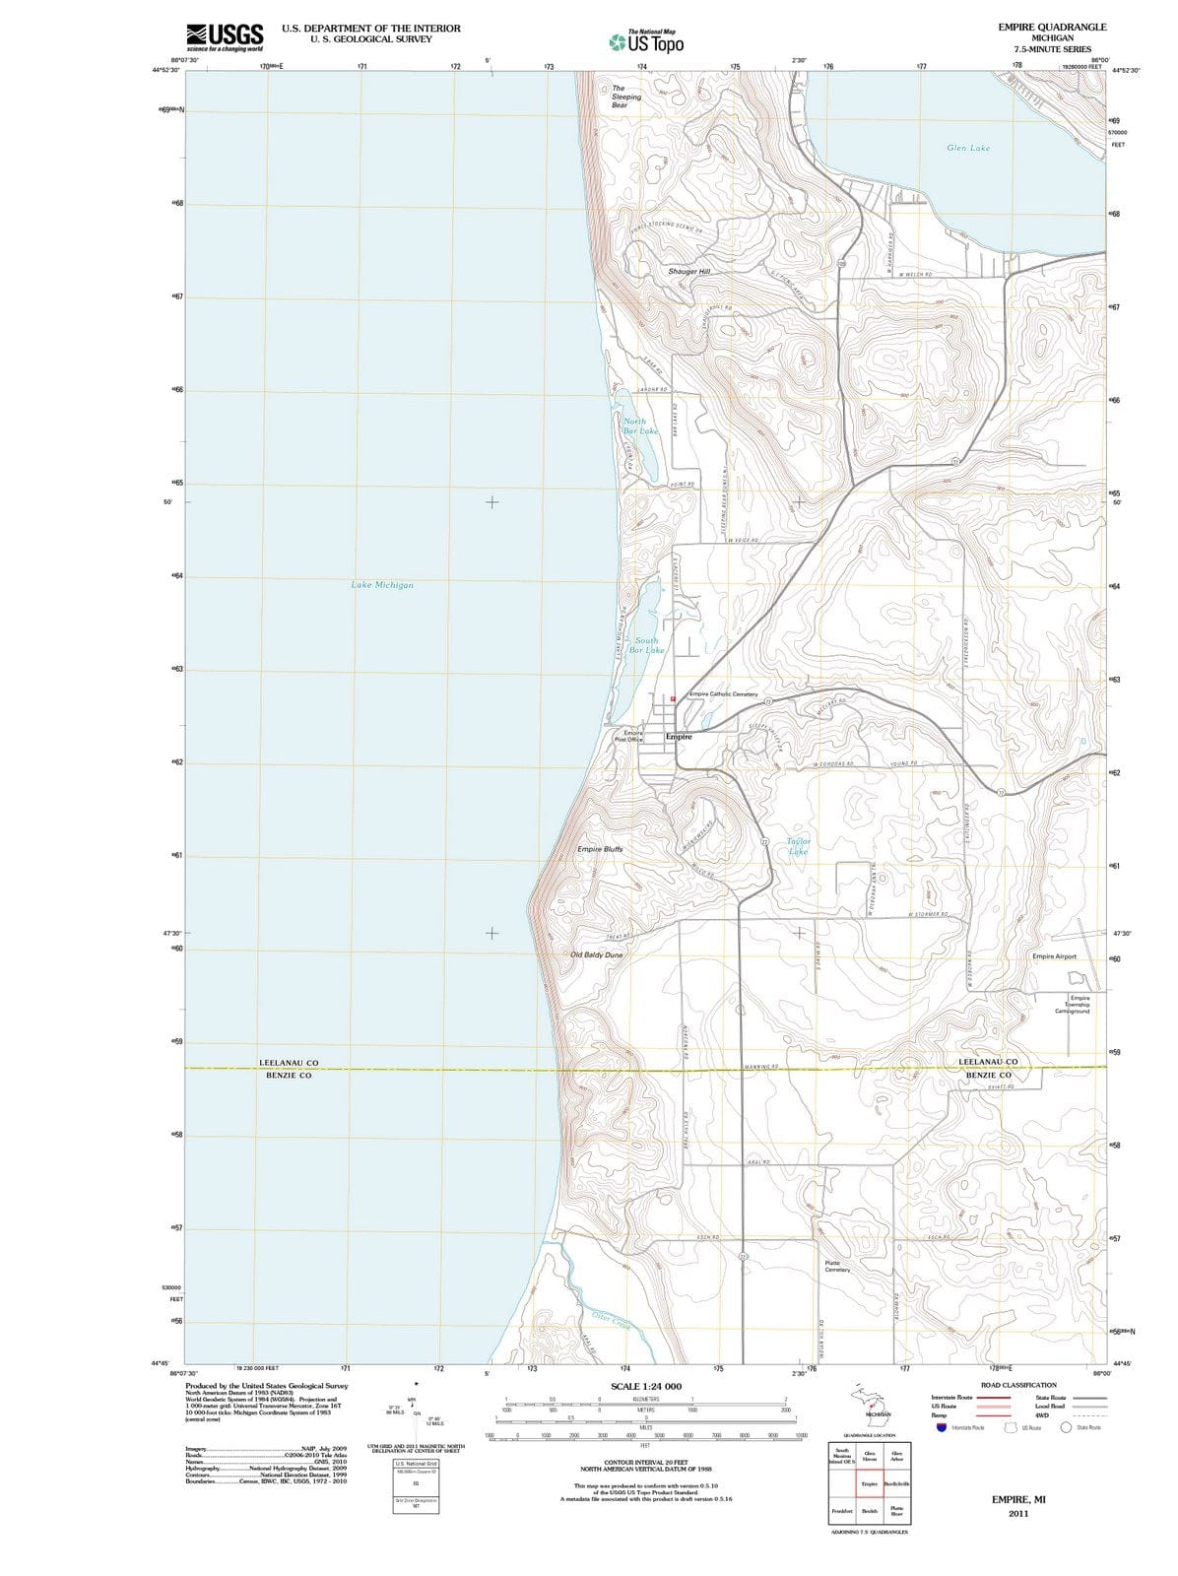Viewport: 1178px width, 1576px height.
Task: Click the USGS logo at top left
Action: [x=225, y=36]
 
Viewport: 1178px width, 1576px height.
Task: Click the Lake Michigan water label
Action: [x=382, y=585]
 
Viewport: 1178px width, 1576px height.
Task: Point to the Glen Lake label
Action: [x=967, y=148]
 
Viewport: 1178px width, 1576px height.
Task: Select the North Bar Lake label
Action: [x=640, y=426]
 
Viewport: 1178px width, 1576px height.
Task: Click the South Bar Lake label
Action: [x=646, y=645]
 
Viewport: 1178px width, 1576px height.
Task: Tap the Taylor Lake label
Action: [x=798, y=846]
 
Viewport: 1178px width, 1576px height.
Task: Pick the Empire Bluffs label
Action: [x=600, y=848]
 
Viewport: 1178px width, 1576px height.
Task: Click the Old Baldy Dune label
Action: [x=596, y=954]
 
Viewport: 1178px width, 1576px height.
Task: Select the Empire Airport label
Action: [x=1054, y=956]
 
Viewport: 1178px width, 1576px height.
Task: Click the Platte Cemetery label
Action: [x=836, y=1266]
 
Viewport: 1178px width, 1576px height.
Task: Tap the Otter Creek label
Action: [x=612, y=1318]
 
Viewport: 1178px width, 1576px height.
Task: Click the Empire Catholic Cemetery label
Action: [x=723, y=694]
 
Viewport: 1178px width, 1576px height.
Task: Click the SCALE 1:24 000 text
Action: [x=646, y=1386]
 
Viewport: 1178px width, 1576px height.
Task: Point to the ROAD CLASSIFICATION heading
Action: [x=1018, y=1385]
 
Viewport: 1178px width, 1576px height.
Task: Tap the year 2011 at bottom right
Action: [x=1017, y=1513]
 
